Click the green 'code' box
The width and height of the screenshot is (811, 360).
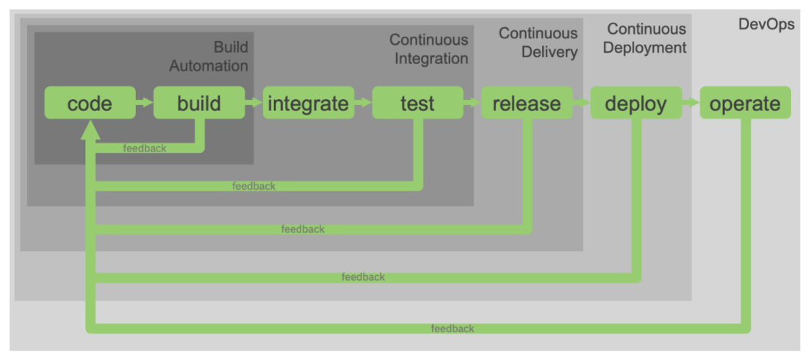click(90, 103)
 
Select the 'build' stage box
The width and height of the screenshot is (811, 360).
click(198, 103)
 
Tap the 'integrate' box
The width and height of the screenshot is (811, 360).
click(308, 103)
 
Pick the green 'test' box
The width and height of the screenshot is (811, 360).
click(417, 103)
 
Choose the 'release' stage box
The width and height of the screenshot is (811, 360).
click(527, 103)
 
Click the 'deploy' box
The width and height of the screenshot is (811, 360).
click(635, 103)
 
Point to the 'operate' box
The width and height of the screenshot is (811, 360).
click(745, 103)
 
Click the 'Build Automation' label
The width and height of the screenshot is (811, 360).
click(209, 57)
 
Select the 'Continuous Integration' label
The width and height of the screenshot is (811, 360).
click(428, 49)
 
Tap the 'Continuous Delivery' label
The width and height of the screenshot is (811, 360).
click(538, 43)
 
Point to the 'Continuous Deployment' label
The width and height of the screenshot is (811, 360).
click(645, 38)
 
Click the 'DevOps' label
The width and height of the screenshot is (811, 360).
click(766, 24)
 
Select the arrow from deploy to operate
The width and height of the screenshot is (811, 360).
click(691, 103)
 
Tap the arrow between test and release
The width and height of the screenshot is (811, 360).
click(472, 103)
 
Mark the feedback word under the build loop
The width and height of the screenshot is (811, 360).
click(145, 148)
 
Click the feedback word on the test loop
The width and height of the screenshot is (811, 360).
click(253, 187)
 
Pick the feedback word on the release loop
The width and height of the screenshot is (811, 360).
click(303, 229)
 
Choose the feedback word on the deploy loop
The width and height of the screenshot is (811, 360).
click(363, 277)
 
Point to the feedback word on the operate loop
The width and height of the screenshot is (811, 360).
click(453, 328)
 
